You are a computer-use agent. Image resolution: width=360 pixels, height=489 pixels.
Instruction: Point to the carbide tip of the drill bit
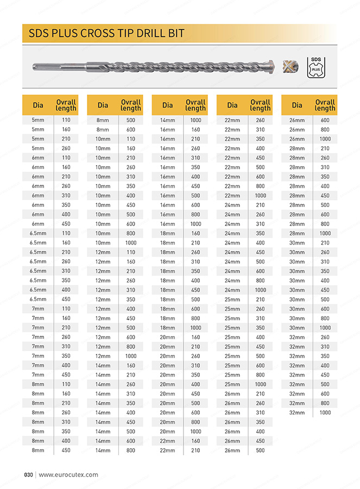click(271, 66)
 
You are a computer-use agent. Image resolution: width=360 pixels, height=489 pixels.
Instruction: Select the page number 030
click(29, 474)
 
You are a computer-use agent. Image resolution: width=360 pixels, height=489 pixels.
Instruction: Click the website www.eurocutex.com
click(68, 474)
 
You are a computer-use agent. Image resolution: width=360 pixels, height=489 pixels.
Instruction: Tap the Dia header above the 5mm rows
click(38, 105)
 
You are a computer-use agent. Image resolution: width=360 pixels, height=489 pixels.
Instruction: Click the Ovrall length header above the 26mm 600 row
click(325, 105)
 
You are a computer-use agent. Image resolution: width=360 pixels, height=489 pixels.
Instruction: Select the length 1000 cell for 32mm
click(325, 412)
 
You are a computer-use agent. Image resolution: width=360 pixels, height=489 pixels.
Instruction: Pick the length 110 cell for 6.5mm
click(66, 233)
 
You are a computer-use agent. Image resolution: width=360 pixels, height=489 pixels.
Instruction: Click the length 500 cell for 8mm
click(131, 120)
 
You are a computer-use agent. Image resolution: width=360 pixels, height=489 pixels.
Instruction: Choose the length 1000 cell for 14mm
click(195, 120)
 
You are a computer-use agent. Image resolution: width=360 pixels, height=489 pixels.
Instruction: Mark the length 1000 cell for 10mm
click(131, 243)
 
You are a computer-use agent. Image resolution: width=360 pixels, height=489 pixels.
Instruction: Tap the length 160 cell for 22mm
click(195, 441)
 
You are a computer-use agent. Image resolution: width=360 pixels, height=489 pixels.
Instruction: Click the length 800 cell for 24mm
click(260, 280)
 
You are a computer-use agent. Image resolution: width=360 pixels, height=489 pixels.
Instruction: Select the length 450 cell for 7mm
click(66, 374)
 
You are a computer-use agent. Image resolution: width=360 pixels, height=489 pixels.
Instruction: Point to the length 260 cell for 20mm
click(195, 356)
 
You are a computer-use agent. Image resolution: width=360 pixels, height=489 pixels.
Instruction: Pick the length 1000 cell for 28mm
click(325, 233)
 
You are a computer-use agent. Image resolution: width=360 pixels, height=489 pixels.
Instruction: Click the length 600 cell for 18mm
click(195, 309)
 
